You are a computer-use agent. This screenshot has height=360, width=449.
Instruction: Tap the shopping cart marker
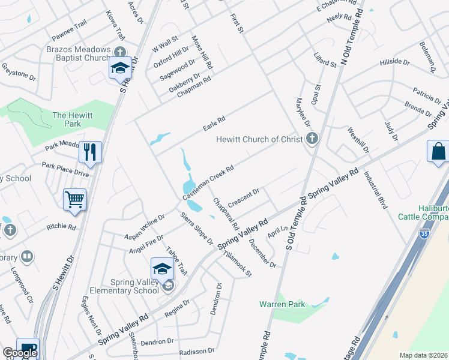coord(74,199)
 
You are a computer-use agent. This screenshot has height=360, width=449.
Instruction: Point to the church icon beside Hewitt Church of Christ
coord(311,139)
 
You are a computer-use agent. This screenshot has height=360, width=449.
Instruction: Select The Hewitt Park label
coord(67,119)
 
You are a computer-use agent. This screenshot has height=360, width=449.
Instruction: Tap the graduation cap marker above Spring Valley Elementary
coord(162,269)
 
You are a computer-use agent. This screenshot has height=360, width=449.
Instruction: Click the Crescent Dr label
coord(243,197)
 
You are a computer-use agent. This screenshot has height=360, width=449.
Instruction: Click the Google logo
coord(20,352)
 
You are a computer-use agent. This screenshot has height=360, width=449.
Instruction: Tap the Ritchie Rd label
coord(62,227)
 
